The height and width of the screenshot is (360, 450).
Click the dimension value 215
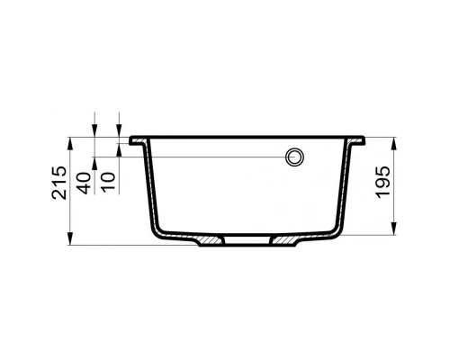point(59,183)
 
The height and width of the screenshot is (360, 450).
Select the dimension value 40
point(83,184)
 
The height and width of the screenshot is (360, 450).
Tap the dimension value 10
point(108,182)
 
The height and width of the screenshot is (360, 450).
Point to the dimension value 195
point(382,182)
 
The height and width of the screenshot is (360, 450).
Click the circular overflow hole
point(294,157)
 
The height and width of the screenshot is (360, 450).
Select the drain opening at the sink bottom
point(247,240)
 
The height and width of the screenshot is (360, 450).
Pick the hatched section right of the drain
point(285,240)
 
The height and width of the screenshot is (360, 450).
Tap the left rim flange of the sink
point(139,140)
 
